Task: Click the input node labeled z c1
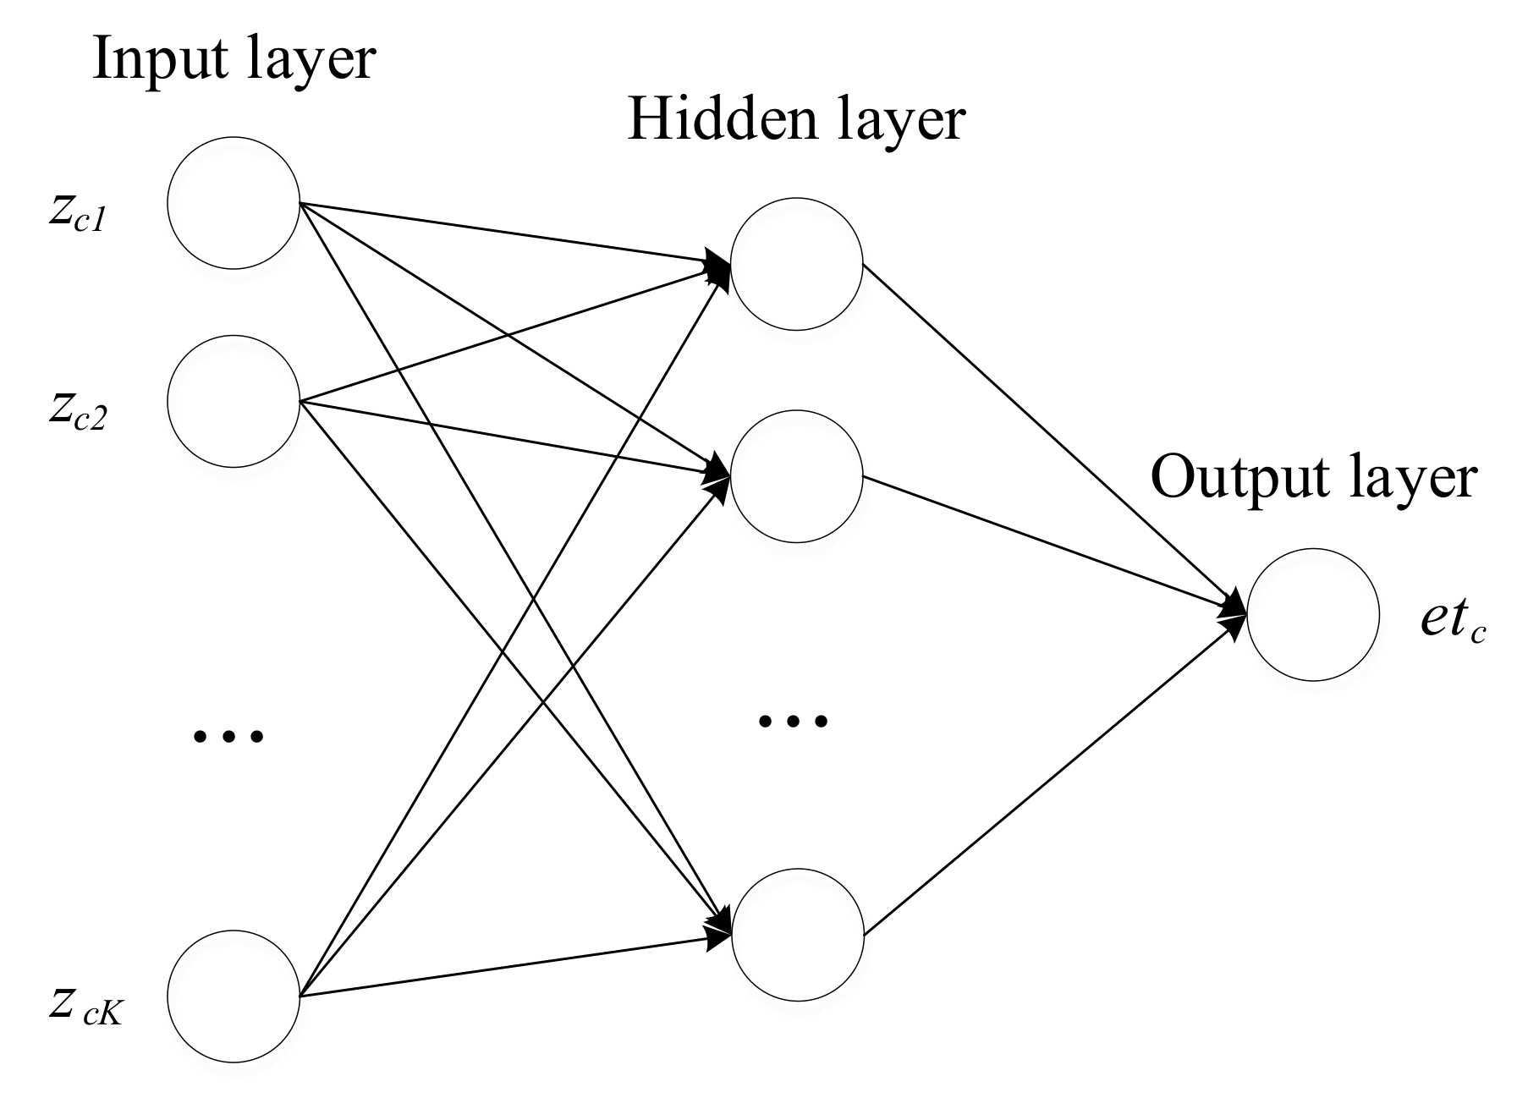(x=234, y=204)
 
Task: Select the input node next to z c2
(x=234, y=401)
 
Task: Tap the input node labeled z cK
(x=234, y=996)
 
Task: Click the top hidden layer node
(x=796, y=264)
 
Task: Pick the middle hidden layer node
(x=796, y=476)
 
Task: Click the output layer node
(x=1312, y=615)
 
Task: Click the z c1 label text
(x=76, y=215)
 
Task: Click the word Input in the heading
(x=157, y=59)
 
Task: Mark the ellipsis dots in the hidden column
(x=793, y=721)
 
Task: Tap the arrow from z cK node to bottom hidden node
(x=508, y=967)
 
